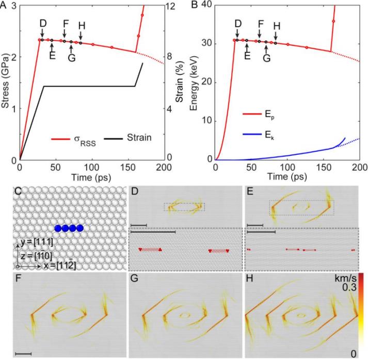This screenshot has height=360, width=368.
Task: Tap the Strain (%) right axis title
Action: (x=177, y=83)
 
